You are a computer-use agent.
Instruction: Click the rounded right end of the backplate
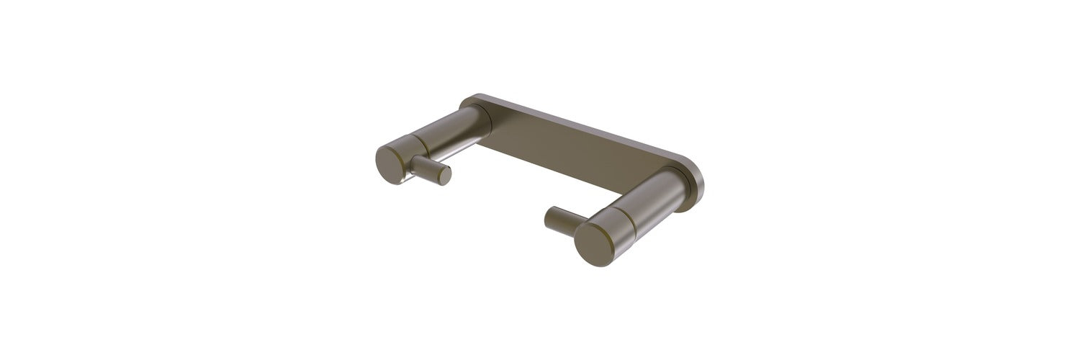696,178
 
